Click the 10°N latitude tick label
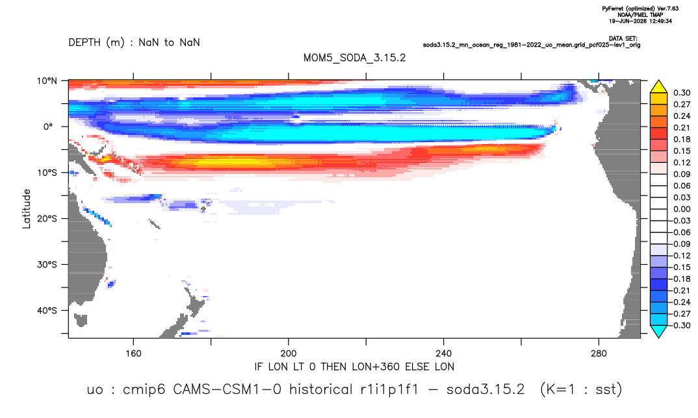[47, 81]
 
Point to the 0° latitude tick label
[48, 127]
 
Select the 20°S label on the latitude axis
[47, 219]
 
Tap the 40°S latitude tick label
[47, 310]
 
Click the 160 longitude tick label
[133, 354]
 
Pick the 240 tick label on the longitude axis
[444, 354]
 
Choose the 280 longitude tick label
[599, 354]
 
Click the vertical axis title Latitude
[27, 209]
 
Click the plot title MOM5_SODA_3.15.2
[354, 58]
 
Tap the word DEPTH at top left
[84, 43]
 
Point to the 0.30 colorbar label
[682, 93]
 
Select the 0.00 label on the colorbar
[682, 209]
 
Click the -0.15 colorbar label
[680, 267]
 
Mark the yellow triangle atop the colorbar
[659, 86]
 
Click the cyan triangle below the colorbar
[659, 332]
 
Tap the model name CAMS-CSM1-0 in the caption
[227, 389]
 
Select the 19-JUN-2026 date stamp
[628, 21]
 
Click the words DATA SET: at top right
[623, 39]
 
